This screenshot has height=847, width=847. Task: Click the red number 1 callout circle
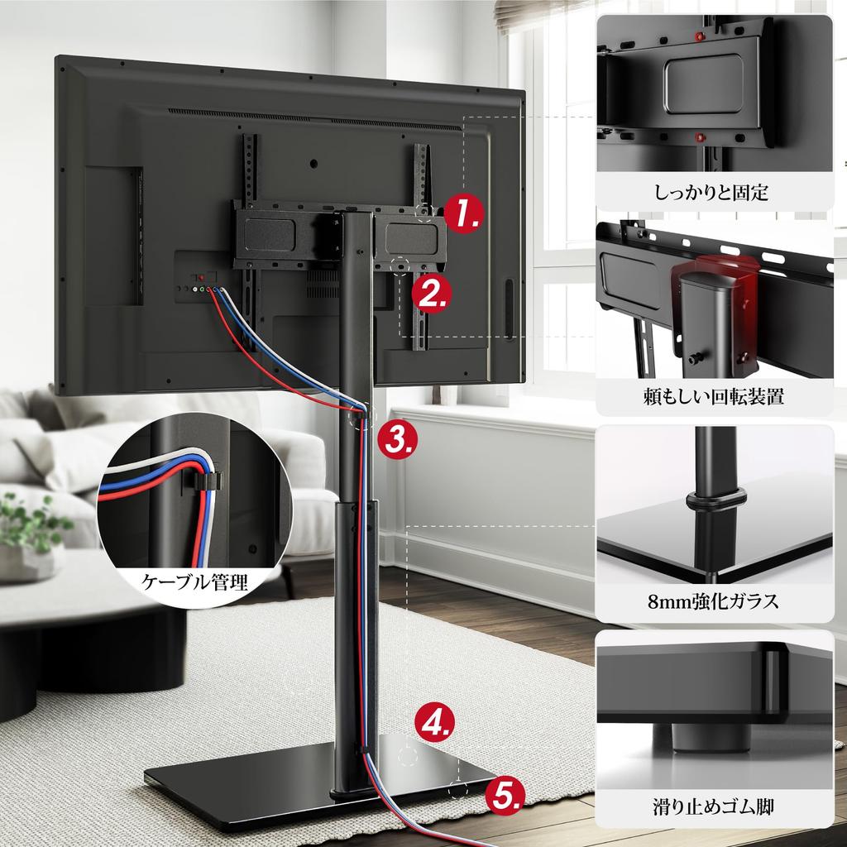(463, 213)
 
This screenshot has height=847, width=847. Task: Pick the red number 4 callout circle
(434, 721)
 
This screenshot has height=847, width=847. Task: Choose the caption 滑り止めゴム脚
(713, 804)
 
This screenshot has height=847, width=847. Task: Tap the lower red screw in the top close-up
(700, 137)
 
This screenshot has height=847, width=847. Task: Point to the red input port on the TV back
(200, 279)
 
